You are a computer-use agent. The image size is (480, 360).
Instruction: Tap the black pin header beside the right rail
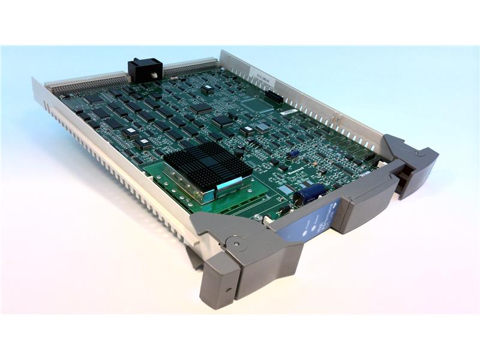[x=274, y=95]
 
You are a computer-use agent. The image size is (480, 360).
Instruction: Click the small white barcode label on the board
[x=289, y=112]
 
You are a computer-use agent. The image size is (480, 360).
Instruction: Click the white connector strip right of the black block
[x=191, y=67]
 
